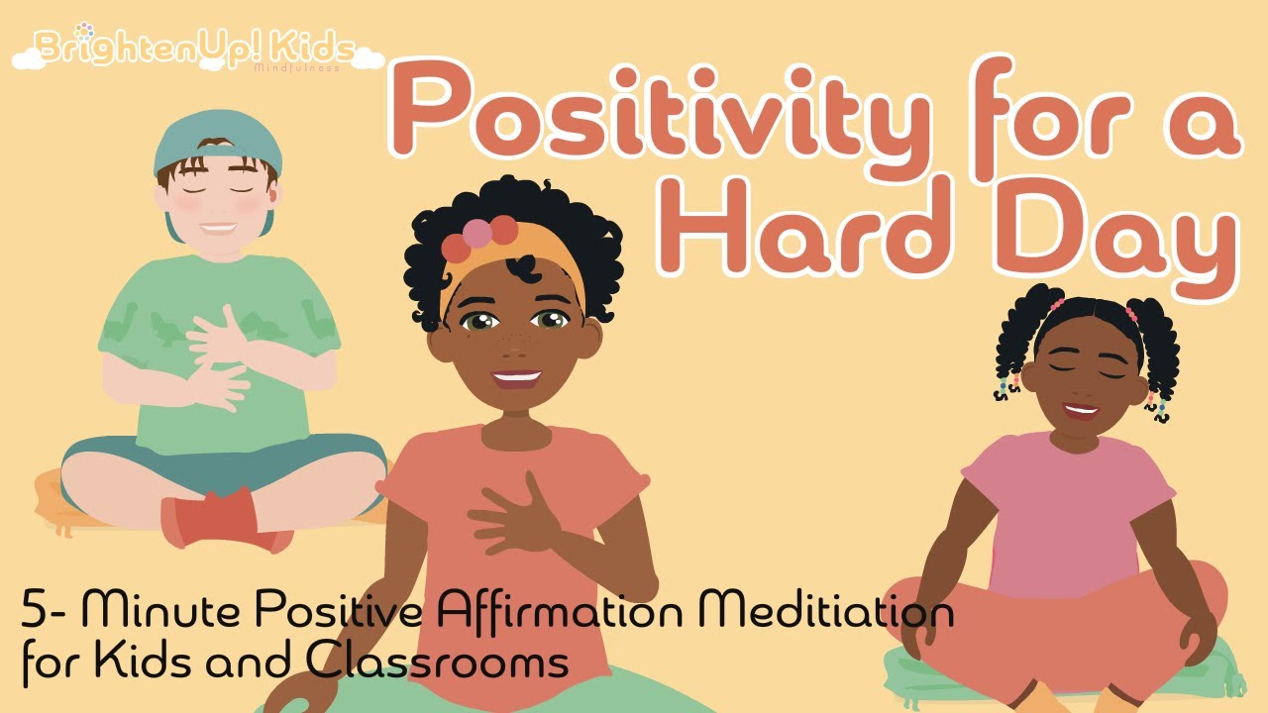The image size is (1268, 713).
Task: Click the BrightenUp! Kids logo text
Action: click(194, 48)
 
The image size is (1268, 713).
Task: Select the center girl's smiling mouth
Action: click(516, 377)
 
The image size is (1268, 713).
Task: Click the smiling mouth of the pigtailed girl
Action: click(1081, 409)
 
